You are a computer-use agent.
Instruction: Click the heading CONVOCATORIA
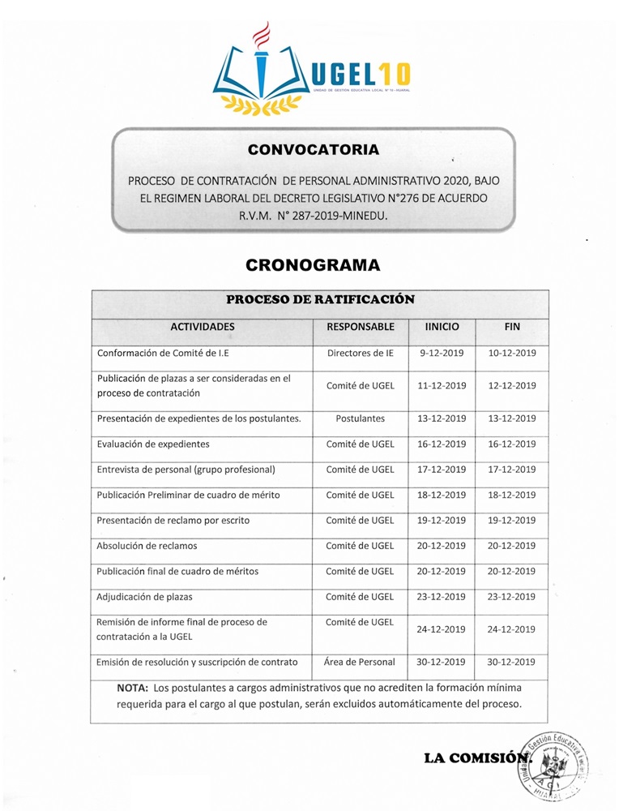tap(313, 149)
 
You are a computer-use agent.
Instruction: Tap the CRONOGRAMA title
tap(313, 265)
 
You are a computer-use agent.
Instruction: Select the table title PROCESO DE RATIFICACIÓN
tap(320, 299)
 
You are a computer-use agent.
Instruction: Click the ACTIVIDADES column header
tap(202, 327)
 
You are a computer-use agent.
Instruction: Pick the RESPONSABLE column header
tap(361, 327)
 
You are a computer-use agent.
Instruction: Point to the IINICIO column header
tap(442, 327)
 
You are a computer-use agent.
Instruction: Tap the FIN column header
tap(512, 327)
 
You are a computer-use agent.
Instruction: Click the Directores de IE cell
tap(361, 354)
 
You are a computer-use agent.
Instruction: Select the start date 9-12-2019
tap(442, 354)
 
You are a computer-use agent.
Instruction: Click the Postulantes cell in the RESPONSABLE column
tap(361, 418)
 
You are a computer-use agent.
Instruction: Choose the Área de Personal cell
tap(361, 662)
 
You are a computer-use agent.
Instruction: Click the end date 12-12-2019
tap(512, 386)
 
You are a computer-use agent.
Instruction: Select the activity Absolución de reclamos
tap(147, 546)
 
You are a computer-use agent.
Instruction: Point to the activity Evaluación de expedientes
tap(153, 444)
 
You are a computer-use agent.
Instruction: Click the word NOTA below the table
tap(132, 688)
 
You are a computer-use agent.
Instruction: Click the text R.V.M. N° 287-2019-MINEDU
tap(313, 217)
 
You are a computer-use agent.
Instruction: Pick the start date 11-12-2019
tap(442, 386)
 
